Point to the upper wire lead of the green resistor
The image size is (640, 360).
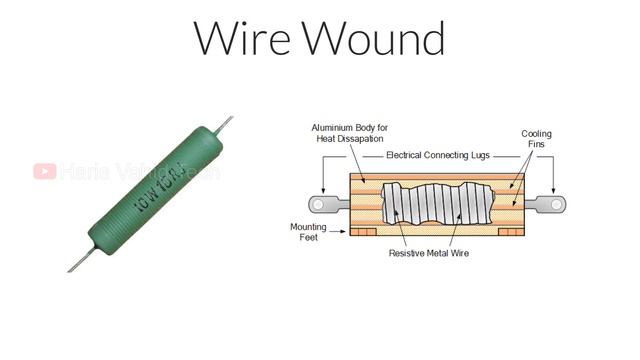pyautogui.click(x=226, y=124)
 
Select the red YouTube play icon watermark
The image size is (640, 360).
pyautogui.click(x=44, y=172)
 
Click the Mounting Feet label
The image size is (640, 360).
pyautogui.click(x=308, y=233)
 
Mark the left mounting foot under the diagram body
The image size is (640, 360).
pyautogui.click(x=366, y=231)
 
